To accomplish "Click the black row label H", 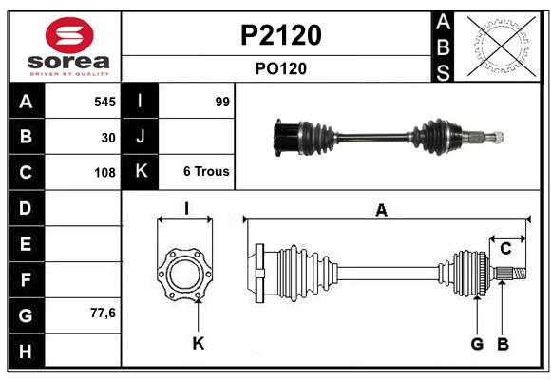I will point(26,351).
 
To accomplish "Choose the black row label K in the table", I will point(141,172).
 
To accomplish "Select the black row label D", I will point(26,208).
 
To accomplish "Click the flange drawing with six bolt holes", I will point(184,275).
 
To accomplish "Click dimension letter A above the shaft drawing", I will point(381,211).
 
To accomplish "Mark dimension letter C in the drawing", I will point(505,249).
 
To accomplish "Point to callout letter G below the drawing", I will point(477,344).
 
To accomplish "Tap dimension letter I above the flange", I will point(186,208).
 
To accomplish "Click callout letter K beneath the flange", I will point(198,344).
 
